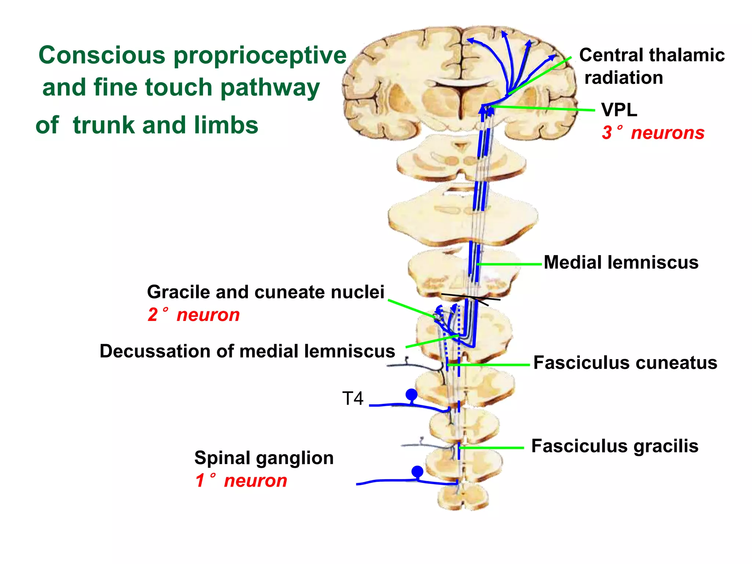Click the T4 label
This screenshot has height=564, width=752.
tap(352, 398)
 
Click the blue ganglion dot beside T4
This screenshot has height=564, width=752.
tap(411, 395)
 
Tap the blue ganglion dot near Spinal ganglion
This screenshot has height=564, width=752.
tap(417, 471)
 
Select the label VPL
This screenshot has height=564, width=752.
tap(619, 110)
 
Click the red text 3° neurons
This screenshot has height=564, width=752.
tap(653, 133)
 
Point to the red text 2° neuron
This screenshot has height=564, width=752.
tap(194, 315)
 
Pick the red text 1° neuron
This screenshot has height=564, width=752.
tap(241, 481)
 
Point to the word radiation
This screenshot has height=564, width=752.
tap(623, 78)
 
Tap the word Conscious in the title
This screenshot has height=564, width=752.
tap(102, 55)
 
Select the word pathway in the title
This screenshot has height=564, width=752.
tap(270, 88)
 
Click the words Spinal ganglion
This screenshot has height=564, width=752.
tap(264, 458)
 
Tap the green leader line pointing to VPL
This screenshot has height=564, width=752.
tap(543, 108)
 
